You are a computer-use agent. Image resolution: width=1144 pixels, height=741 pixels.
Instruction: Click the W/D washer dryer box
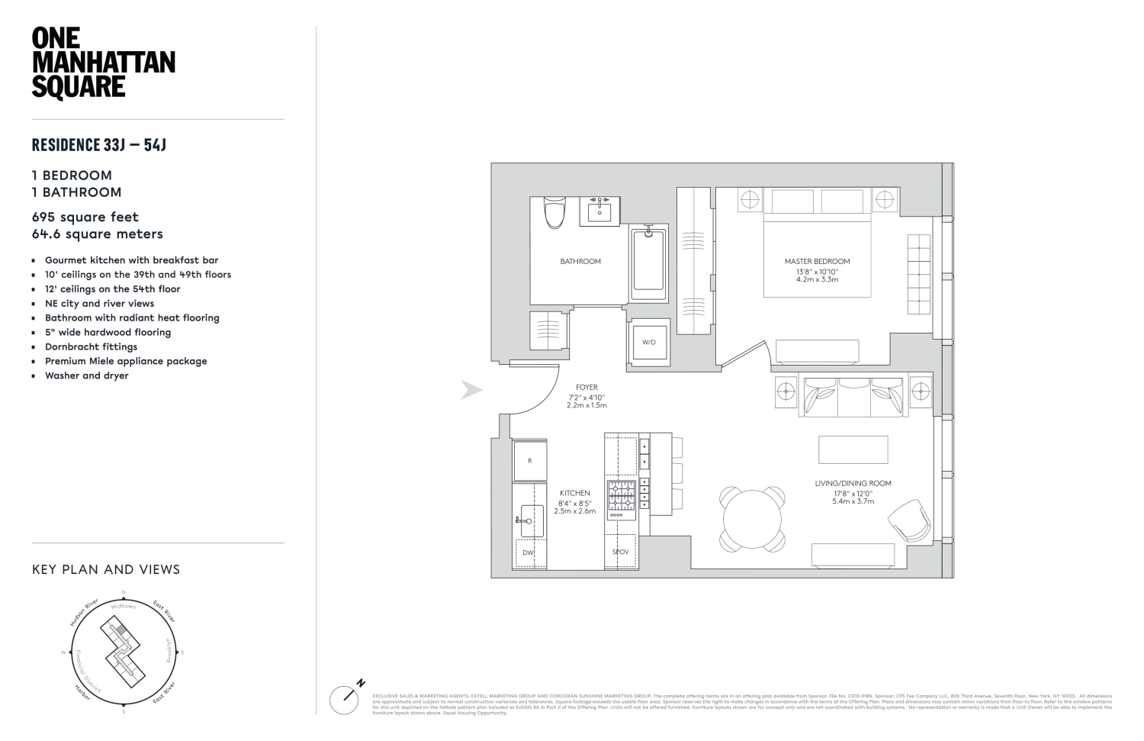coord(648,342)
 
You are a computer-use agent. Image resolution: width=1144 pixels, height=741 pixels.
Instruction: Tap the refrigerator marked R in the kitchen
coord(529,460)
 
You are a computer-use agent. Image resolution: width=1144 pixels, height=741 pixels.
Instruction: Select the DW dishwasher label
coord(528,553)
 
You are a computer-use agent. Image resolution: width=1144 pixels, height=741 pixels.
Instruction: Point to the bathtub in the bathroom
coord(648,261)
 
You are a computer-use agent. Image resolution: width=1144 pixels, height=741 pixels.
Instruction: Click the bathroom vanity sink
coord(600,208)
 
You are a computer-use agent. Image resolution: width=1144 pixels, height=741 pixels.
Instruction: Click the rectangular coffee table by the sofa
coord(853,449)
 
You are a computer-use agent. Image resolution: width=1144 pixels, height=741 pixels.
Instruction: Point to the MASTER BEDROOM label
coord(817,261)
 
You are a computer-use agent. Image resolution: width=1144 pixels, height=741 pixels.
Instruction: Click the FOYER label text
coord(586,388)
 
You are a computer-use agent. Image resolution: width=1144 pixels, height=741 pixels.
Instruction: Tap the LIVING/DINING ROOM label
coord(853,483)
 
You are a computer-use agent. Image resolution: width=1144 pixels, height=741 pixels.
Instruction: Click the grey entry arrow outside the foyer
coord(471,390)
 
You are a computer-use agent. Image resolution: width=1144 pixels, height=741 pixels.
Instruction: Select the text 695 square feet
coord(85,217)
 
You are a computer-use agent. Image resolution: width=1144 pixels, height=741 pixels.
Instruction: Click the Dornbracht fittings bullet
coord(91,346)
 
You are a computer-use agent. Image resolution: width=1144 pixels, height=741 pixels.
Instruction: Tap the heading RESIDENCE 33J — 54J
coord(99,144)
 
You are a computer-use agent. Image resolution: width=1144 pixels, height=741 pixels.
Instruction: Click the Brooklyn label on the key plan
coord(169,649)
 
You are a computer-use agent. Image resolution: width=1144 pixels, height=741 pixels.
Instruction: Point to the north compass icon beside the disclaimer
coord(345,698)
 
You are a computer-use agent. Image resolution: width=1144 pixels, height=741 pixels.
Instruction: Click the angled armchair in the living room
coord(909,520)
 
